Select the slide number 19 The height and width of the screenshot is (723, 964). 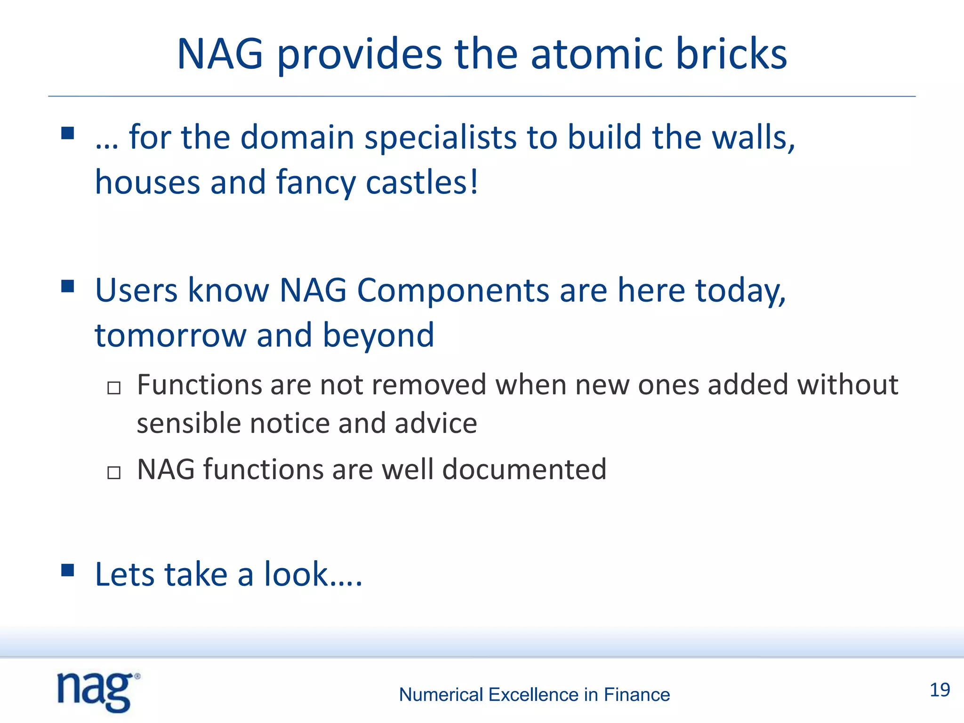point(940,690)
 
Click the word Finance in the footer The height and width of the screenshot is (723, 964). point(636,695)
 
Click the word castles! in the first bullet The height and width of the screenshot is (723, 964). point(422,183)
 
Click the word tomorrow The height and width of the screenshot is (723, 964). point(170,336)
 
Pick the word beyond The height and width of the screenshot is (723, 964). point(378,336)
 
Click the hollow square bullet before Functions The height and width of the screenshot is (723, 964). point(114,388)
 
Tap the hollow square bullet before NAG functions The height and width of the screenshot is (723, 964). point(114,472)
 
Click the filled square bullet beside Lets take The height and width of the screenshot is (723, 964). point(68,570)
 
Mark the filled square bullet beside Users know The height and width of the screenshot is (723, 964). point(68,286)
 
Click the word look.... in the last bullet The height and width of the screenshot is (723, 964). point(313,575)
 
